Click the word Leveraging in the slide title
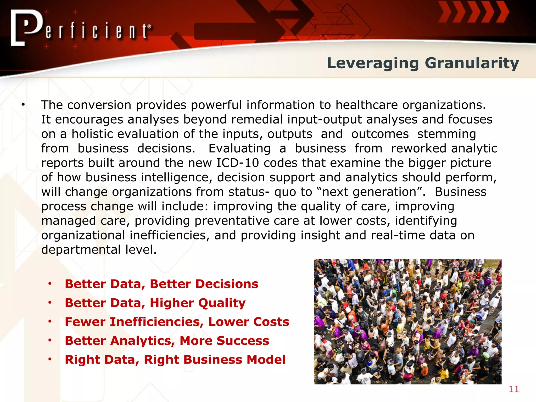(x=373, y=64)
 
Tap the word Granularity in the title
(x=472, y=64)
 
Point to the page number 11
(x=513, y=389)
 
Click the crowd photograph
(x=407, y=322)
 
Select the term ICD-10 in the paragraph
(x=238, y=163)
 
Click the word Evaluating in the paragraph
(x=239, y=148)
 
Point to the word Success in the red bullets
(x=243, y=341)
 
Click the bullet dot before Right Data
(x=50, y=359)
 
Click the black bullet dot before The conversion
(x=23, y=105)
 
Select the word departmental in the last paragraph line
(x=81, y=250)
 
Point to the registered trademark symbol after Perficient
(x=149, y=26)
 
